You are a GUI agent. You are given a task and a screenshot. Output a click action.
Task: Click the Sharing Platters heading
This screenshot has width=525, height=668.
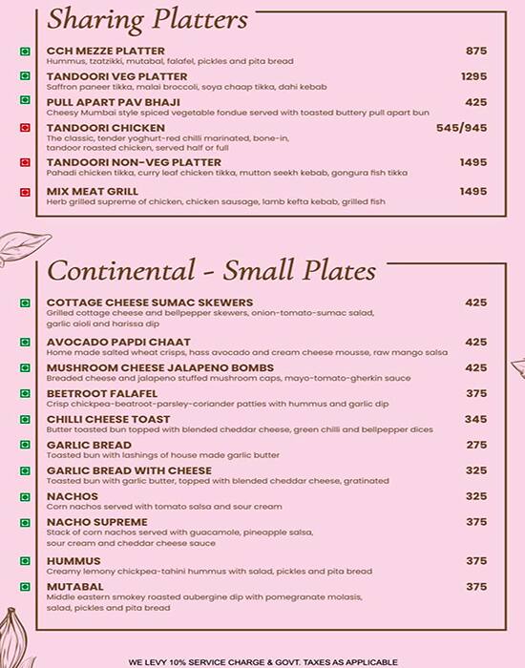point(148,19)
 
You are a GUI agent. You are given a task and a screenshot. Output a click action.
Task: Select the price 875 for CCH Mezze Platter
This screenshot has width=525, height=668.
point(475,52)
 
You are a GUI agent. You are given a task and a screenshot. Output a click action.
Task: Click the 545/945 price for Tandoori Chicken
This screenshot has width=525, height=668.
point(461,127)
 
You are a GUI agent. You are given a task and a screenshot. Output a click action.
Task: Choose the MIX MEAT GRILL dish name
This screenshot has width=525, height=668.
point(93,192)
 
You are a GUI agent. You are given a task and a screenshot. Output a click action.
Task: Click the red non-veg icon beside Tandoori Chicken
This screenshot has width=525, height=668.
point(24,128)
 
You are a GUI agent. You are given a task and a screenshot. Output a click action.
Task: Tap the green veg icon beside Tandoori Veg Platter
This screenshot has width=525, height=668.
point(24,77)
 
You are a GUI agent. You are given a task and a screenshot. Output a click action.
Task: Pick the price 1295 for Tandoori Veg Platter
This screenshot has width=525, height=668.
point(473,76)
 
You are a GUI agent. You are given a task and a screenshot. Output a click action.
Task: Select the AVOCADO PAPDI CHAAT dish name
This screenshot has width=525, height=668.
point(118,342)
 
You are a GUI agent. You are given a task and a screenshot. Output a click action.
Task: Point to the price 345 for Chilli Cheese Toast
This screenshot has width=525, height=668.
point(475,419)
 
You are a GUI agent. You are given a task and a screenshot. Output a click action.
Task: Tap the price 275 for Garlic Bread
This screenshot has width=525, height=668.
point(475,445)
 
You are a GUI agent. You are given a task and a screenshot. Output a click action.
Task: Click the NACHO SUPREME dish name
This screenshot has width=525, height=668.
point(96,522)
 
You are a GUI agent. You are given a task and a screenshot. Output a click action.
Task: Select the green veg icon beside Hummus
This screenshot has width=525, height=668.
point(24,561)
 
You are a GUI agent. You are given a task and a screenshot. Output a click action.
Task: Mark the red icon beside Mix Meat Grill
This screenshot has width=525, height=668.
point(24,192)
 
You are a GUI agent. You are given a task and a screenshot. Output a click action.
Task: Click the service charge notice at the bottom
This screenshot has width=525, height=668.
point(262,660)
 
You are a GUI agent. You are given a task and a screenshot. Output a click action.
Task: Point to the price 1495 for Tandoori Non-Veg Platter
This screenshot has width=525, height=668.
point(473,162)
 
